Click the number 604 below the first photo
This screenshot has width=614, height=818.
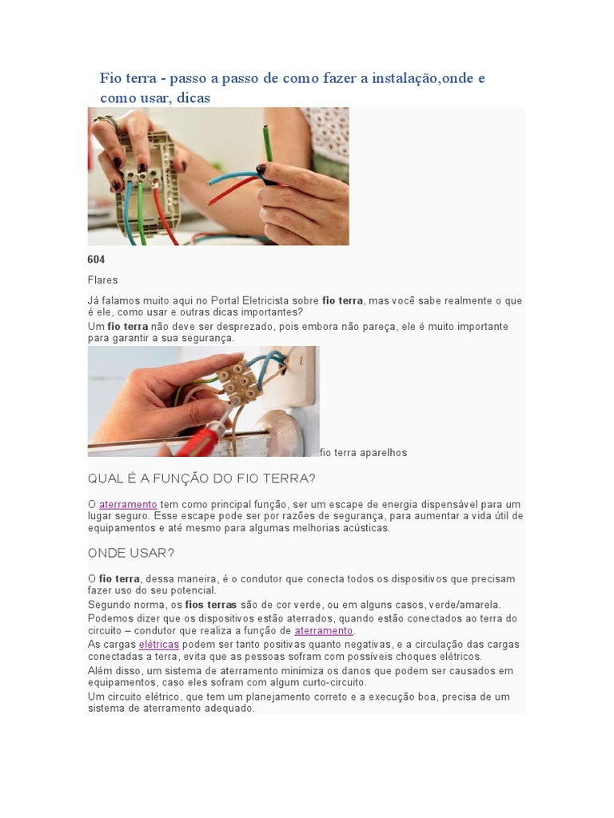pos(96,260)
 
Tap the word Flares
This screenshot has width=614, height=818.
pos(103,280)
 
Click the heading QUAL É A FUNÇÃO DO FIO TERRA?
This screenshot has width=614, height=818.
pos(201,478)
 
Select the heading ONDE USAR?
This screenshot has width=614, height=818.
pos(131,553)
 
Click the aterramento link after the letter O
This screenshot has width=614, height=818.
pos(128,505)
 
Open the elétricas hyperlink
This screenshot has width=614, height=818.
pos(159,645)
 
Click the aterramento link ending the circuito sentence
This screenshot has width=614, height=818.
pos(324,631)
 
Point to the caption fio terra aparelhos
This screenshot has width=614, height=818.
pos(364,453)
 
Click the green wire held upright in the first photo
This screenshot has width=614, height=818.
pos(267,144)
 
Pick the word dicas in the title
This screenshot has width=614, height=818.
pos(193,97)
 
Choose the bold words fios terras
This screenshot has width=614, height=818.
pos(211,606)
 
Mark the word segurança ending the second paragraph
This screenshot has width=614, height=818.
pos(211,338)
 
